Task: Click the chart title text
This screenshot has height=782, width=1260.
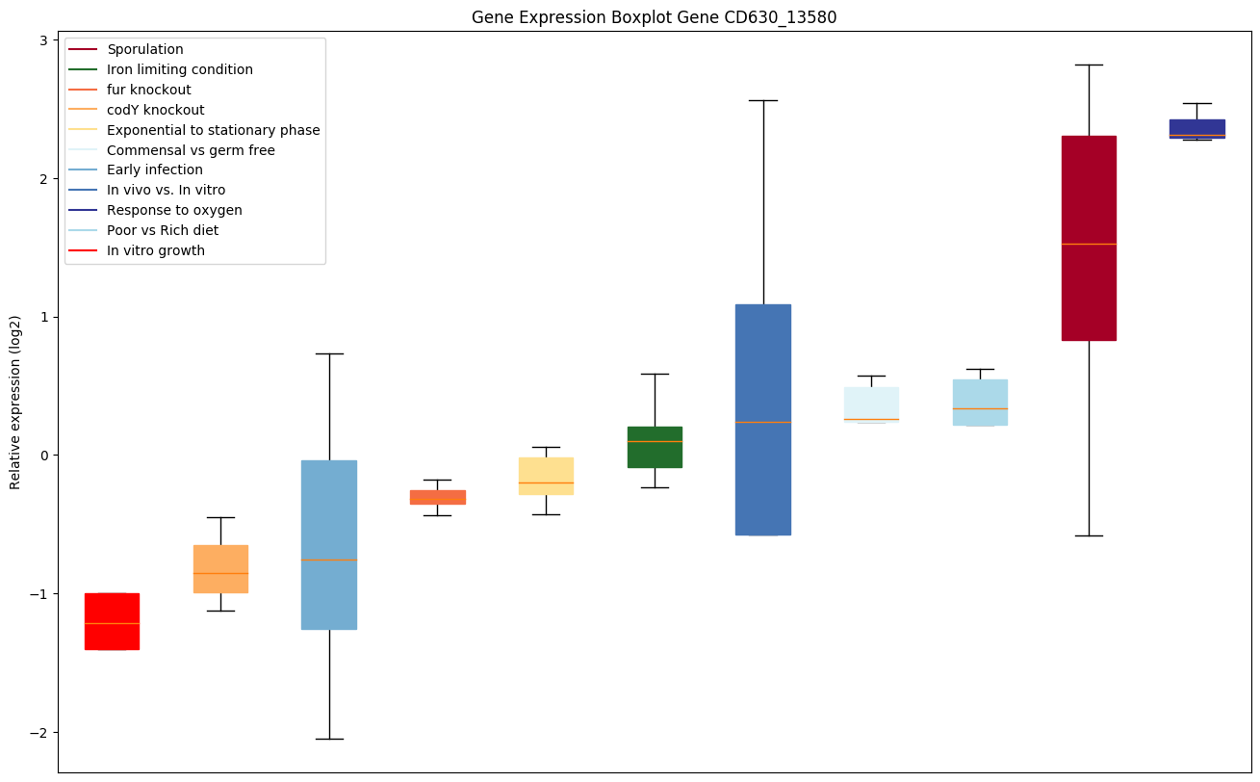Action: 647,17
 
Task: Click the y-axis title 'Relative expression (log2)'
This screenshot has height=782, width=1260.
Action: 15,402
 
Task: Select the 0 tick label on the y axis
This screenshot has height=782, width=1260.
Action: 44,456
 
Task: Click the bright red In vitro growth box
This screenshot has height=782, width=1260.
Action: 112,621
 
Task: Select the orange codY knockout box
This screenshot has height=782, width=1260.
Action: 220,568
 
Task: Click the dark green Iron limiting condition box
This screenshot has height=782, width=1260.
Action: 655,447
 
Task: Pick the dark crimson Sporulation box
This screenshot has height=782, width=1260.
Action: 1089,238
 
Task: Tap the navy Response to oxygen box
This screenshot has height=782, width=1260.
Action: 1196,129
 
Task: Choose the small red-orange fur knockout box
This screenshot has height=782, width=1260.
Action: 438,497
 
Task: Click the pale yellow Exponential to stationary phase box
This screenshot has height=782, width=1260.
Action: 546,476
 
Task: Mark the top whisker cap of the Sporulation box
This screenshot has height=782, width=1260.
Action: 1089,65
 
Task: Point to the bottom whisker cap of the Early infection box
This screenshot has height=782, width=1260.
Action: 329,739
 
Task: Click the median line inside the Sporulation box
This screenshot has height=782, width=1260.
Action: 1089,244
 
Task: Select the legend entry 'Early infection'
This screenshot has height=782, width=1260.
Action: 155,170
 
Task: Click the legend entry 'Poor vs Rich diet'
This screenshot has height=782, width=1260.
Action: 163,231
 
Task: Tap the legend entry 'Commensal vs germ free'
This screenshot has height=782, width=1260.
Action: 191,150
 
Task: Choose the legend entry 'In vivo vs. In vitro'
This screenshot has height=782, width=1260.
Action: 166,191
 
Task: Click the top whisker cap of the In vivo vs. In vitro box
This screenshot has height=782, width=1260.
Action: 763,100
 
